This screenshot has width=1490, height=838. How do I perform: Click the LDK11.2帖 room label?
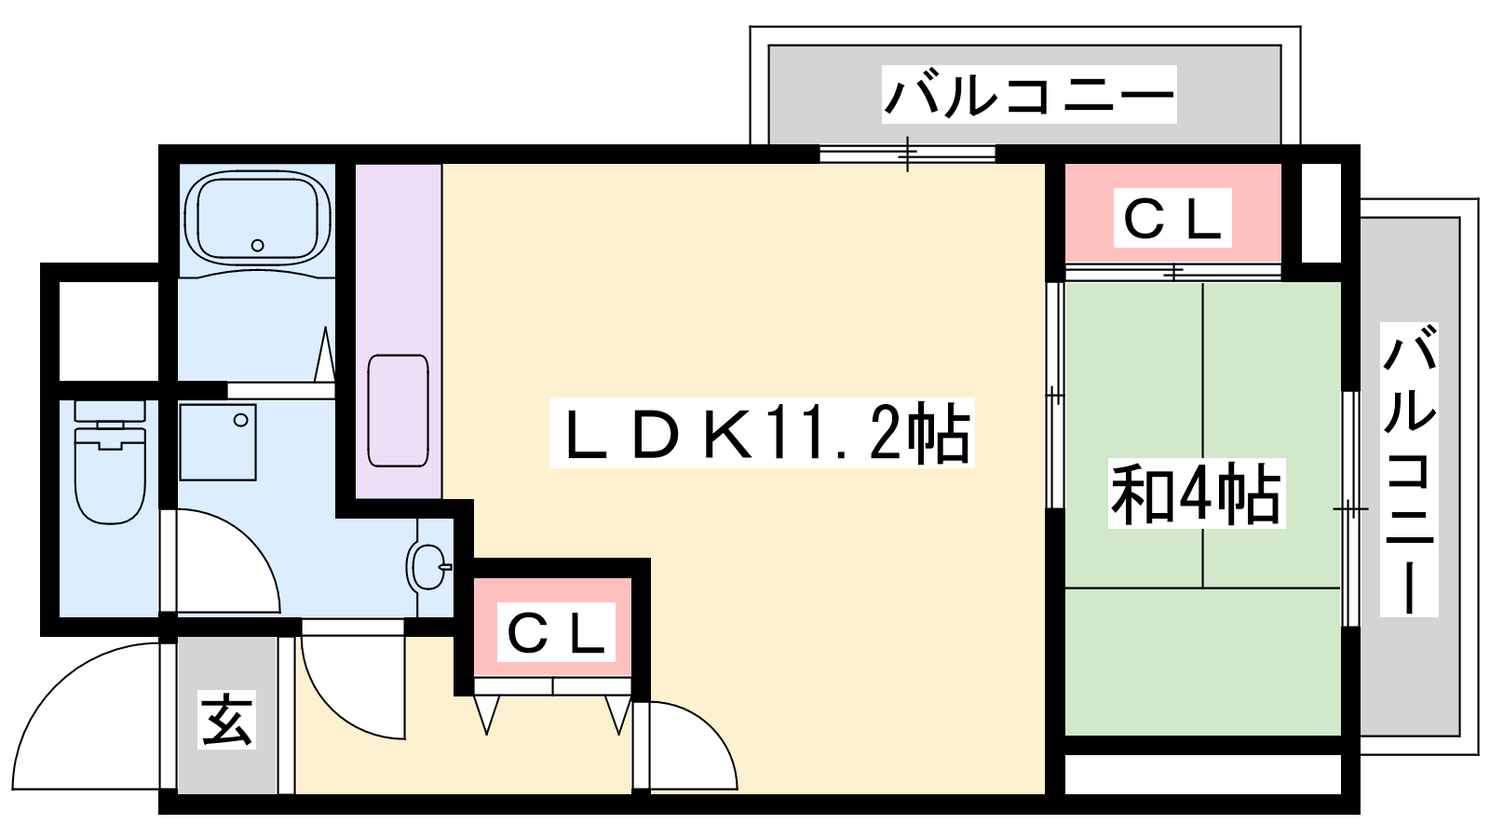(x=761, y=433)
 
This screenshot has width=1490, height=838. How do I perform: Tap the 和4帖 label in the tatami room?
(x=1196, y=493)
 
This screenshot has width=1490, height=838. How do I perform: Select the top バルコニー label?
(x=1029, y=94)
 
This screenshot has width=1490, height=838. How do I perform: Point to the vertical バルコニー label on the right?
(x=1409, y=469)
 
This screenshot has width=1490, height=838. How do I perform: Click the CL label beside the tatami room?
(x=1172, y=218)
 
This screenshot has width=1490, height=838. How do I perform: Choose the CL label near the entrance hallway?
(x=556, y=632)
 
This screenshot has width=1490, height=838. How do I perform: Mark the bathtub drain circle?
(x=257, y=246)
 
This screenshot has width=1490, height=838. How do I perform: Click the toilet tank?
(x=110, y=411)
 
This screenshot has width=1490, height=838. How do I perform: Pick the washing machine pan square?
(x=218, y=442)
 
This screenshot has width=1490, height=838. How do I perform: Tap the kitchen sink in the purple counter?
(x=398, y=411)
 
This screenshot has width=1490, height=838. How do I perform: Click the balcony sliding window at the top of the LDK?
(x=907, y=154)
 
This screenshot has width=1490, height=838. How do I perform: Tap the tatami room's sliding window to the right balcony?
(x=1350, y=508)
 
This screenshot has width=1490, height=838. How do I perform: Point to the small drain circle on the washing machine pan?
(x=241, y=420)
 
